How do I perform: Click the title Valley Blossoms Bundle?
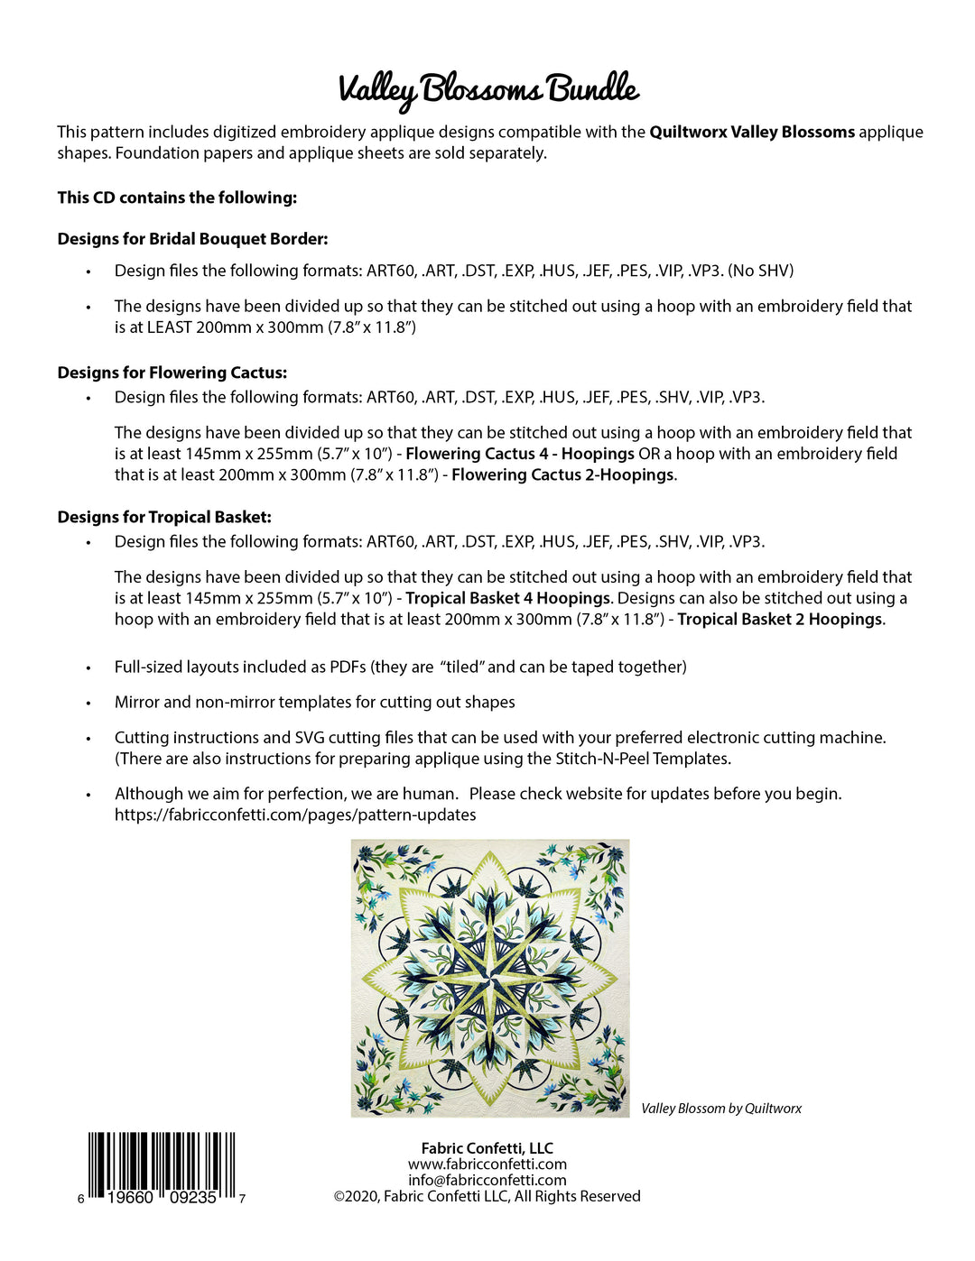[x=488, y=89]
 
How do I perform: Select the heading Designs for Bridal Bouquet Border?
[x=192, y=239]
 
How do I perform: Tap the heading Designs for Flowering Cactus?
[x=172, y=373]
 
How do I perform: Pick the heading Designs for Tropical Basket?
[x=164, y=517]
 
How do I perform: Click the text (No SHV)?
[x=761, y=271]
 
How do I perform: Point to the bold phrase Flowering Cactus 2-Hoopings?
[x=562, y=474]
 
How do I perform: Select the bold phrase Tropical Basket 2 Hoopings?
[x=780, y=619]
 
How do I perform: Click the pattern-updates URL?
[x=295, y=815]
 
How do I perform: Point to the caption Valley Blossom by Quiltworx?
[x=720, y=1109]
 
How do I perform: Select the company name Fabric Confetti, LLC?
[x=487, y=1148]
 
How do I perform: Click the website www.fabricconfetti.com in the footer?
[x=487, y=1164]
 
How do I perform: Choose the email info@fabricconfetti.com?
[x=487, y=1180]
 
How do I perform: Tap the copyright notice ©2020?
[x=487, y=1196]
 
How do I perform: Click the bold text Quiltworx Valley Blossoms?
[x=752, y=132]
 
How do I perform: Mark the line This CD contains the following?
[x=177, y=198]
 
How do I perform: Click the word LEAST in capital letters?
[x=169, y=327]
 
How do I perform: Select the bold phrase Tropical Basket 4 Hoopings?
[x=508, y=598]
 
